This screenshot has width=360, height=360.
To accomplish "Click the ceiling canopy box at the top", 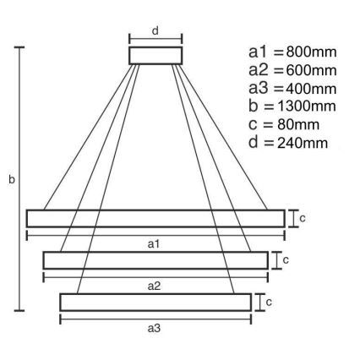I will tap(155, 55).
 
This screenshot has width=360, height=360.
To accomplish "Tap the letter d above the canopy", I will tap(155, 30).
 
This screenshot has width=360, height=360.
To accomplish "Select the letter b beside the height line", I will tap(11, 180).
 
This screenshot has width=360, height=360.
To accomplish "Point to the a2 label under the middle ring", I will tap(155, 286).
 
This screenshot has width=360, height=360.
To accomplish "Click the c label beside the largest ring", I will tap(303, 218).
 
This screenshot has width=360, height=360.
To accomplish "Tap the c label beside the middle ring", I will tap(286, 259).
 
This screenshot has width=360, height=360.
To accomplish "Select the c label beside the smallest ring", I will tap(269, 301).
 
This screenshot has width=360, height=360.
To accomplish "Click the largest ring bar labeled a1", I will tap(155, 218).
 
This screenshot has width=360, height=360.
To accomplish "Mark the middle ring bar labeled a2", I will tap(155, 259).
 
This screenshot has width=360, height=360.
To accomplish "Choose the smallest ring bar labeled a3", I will tap(155, 301).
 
